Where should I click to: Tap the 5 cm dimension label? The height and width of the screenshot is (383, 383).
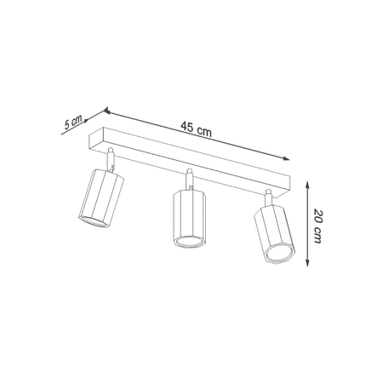click(x=73, y=122)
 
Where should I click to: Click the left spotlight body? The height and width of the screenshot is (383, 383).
click(x=101, y=199)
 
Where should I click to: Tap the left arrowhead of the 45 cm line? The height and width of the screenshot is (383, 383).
click(x=107, y=110)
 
